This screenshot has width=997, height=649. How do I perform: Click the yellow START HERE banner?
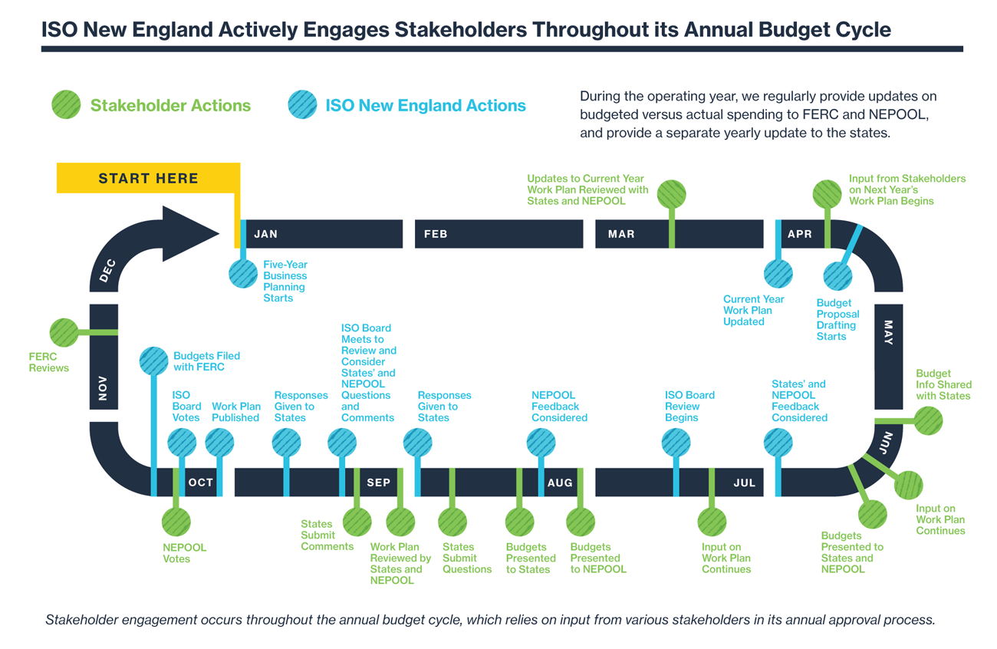[148, 178]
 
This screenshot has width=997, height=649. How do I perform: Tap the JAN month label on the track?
[266, 234]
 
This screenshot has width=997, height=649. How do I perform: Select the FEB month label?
[436, 234]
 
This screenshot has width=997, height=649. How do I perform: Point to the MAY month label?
[888, 332]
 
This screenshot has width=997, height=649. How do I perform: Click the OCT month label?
[201, 483]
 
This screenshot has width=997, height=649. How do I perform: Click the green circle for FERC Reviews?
[64, 332]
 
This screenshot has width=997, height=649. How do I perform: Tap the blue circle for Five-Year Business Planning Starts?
[243, 274]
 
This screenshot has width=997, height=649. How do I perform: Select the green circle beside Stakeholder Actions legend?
[67, 105]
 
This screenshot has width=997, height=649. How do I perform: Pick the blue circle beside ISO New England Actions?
[303, 105]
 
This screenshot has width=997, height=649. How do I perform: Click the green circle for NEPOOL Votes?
[176, 522]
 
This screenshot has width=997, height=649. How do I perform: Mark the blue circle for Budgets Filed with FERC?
[153, 361]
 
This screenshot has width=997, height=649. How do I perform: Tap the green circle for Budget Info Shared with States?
[929, 420]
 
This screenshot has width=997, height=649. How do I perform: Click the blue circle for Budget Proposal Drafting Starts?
[837, 276]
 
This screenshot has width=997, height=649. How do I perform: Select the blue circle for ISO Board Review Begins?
[676, 443]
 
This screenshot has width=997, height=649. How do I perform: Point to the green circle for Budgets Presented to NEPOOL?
[581, 522]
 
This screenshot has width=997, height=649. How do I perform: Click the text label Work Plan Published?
[235, 412]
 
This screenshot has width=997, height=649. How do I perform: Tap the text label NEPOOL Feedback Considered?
[559, 407]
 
